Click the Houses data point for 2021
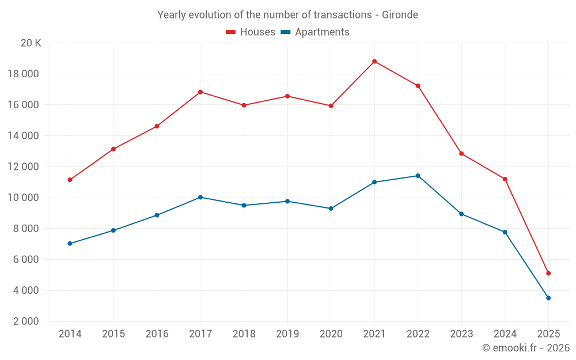click(374, 62)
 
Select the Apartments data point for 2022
click(418, 176)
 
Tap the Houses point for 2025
click(548, 273)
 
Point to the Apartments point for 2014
click(70, 244)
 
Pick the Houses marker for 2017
click(200, 92)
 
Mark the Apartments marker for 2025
click(548, 298)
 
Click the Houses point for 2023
click(461, 154)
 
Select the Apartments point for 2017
click(200, 197)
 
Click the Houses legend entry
click(251, 32)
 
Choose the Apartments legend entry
click(315, 32)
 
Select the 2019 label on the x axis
click(287, 334)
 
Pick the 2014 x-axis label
click(70, 334)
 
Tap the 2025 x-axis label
click(548, 334)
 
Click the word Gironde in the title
click(400, 14)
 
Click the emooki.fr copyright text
click(525, 348)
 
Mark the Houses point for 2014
click(70, 180)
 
